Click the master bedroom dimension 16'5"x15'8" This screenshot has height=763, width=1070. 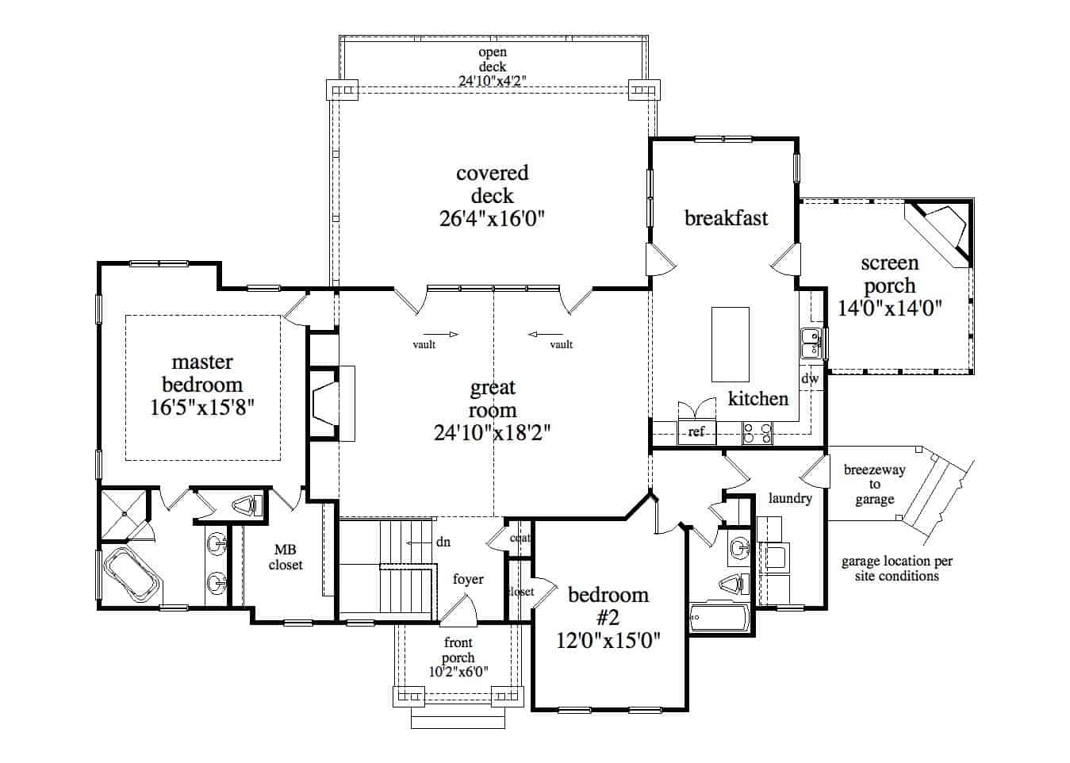(202, 408)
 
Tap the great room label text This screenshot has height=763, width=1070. (493, 399)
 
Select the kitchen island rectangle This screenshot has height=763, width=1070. (730, 344)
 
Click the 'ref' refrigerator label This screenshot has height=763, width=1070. (696, 432)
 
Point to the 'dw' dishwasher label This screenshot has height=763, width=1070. (810, 379)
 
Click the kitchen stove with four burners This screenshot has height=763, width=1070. (757, 432)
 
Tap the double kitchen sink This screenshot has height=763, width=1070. (811, 344)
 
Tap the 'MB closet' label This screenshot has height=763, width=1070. (286, 557)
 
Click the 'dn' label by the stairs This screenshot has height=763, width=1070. (443, 542)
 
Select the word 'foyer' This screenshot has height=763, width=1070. (468, 579)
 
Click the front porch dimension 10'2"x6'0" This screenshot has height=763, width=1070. (458, 671)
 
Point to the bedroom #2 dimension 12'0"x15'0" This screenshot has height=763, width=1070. (608, 639)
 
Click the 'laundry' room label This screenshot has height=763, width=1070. (790, 498)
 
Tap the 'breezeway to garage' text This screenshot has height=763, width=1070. (874, 485)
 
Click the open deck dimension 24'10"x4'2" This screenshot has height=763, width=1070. (493, 80)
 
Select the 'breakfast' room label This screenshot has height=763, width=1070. (726, 218)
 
